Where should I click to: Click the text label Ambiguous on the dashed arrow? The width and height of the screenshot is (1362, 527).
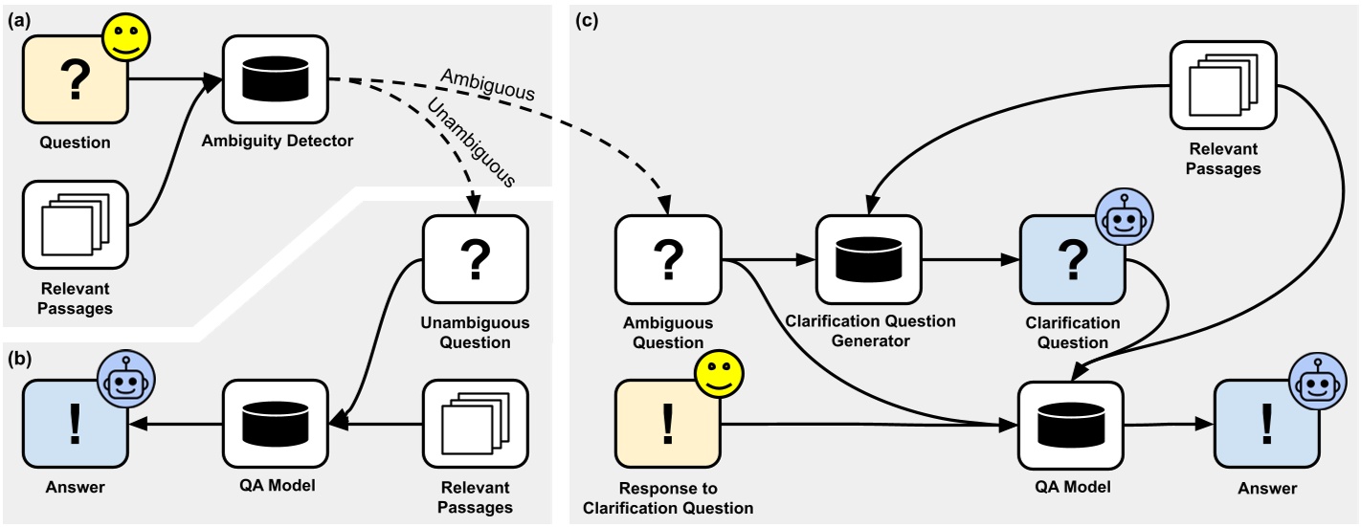tap(488, 86)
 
